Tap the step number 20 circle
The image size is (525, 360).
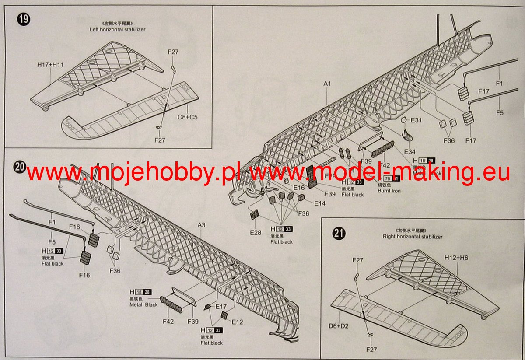pos(20,166)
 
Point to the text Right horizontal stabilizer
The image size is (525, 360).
pos(413,237)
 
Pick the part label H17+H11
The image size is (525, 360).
pos(50,65)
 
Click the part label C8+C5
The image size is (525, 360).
pos(188,117)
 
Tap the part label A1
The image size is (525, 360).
pos(328,83)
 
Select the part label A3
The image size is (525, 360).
pos(201,225)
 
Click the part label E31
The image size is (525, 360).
pos(416,120)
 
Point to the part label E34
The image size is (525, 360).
pos(410,151)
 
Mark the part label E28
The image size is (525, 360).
pos(255,232)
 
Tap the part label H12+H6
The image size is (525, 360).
pos(457,258)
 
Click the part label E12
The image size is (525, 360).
pos(238,322)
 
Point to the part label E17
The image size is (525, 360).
pos(221,307)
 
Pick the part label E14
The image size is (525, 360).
pos(319,203)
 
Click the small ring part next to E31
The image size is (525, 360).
pos(404,120)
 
